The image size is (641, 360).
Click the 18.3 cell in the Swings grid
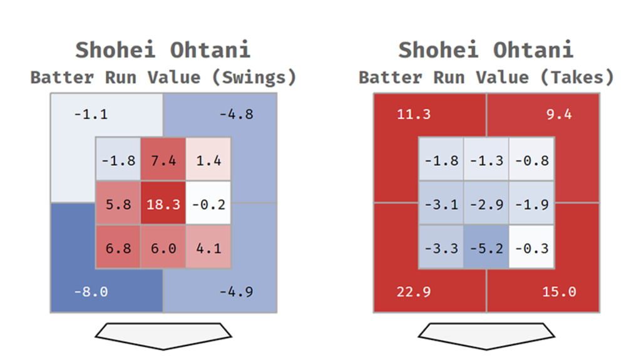point(163,204)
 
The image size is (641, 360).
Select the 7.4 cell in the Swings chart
point(163,160)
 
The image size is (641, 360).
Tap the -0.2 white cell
point(208,204)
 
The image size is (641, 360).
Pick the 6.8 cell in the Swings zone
point(118,248)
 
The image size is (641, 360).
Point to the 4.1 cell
point(208,248)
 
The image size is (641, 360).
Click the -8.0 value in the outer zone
point(91,292)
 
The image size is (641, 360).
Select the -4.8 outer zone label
point(236,115)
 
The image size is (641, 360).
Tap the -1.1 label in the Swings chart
point(91,115)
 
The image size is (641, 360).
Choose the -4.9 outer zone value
point(236,292)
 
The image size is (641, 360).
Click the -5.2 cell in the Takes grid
point(486,248)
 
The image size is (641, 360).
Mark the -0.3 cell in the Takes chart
point(531,248)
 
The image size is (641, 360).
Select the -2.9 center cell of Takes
point(486,204)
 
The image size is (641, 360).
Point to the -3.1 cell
point(441,204)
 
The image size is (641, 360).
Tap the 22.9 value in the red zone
point(414,292)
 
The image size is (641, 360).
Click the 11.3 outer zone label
point(414,115)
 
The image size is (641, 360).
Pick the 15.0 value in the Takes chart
point(559,292)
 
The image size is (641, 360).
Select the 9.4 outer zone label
point(559,115)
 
